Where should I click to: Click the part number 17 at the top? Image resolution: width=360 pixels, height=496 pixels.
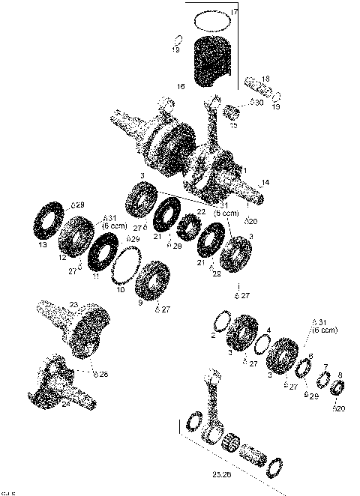click(234, 13)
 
